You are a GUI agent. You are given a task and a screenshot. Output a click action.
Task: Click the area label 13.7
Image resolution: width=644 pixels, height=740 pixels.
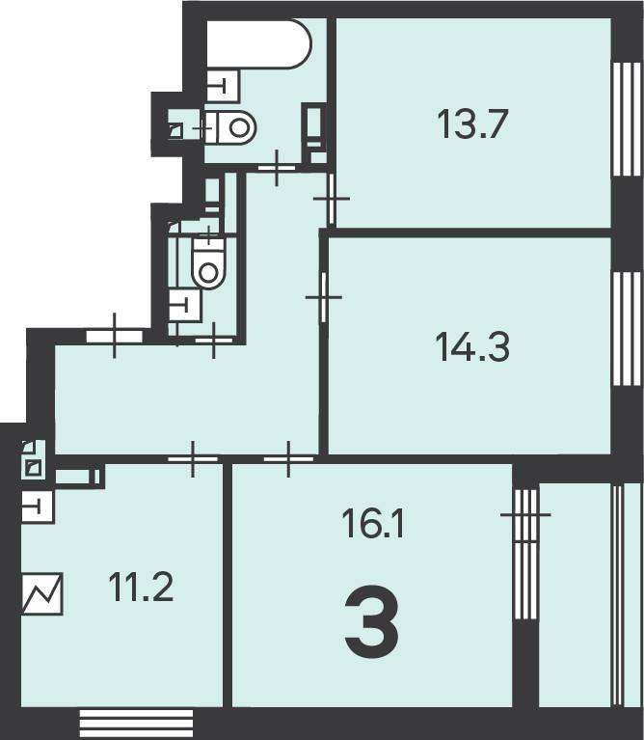coord(472,123)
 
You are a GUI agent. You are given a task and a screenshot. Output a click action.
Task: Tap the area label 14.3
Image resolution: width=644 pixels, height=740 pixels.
coord(472,347)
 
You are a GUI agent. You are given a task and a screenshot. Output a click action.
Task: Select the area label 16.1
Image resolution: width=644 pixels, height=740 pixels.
coord(373,523)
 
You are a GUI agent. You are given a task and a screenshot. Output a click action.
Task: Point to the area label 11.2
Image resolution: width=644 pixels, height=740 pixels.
coord(141,587)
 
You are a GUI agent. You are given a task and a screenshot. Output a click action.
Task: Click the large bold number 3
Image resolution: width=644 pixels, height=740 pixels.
coord(372,621)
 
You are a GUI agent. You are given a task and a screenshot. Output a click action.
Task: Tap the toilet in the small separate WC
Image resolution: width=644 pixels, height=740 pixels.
coord(209,262)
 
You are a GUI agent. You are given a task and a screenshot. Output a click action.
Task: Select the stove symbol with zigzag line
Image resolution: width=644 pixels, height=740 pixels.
coord(42,593)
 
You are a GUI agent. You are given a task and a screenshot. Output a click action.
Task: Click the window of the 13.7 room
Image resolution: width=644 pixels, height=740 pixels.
coord(627,119)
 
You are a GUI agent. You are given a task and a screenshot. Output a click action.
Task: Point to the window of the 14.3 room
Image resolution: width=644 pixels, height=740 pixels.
coord(627,329)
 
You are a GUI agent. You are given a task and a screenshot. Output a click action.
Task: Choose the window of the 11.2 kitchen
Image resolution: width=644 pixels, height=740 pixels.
coord(136,723)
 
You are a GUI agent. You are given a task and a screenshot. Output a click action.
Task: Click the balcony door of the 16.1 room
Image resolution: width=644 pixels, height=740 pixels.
coord(525,554)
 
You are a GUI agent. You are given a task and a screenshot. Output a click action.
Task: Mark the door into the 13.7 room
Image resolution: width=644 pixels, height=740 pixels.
coord(332,199)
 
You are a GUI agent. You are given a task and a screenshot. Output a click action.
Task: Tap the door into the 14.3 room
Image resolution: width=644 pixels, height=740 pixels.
coord(324,297)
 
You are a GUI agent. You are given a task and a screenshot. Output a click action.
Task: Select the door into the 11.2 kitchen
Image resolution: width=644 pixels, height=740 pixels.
coord(193,458)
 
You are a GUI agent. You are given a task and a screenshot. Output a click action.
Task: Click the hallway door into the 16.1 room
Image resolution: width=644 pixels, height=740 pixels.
coord(288,458)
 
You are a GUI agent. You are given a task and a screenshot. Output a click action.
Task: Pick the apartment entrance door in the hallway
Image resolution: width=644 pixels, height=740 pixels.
coord(114,336)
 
